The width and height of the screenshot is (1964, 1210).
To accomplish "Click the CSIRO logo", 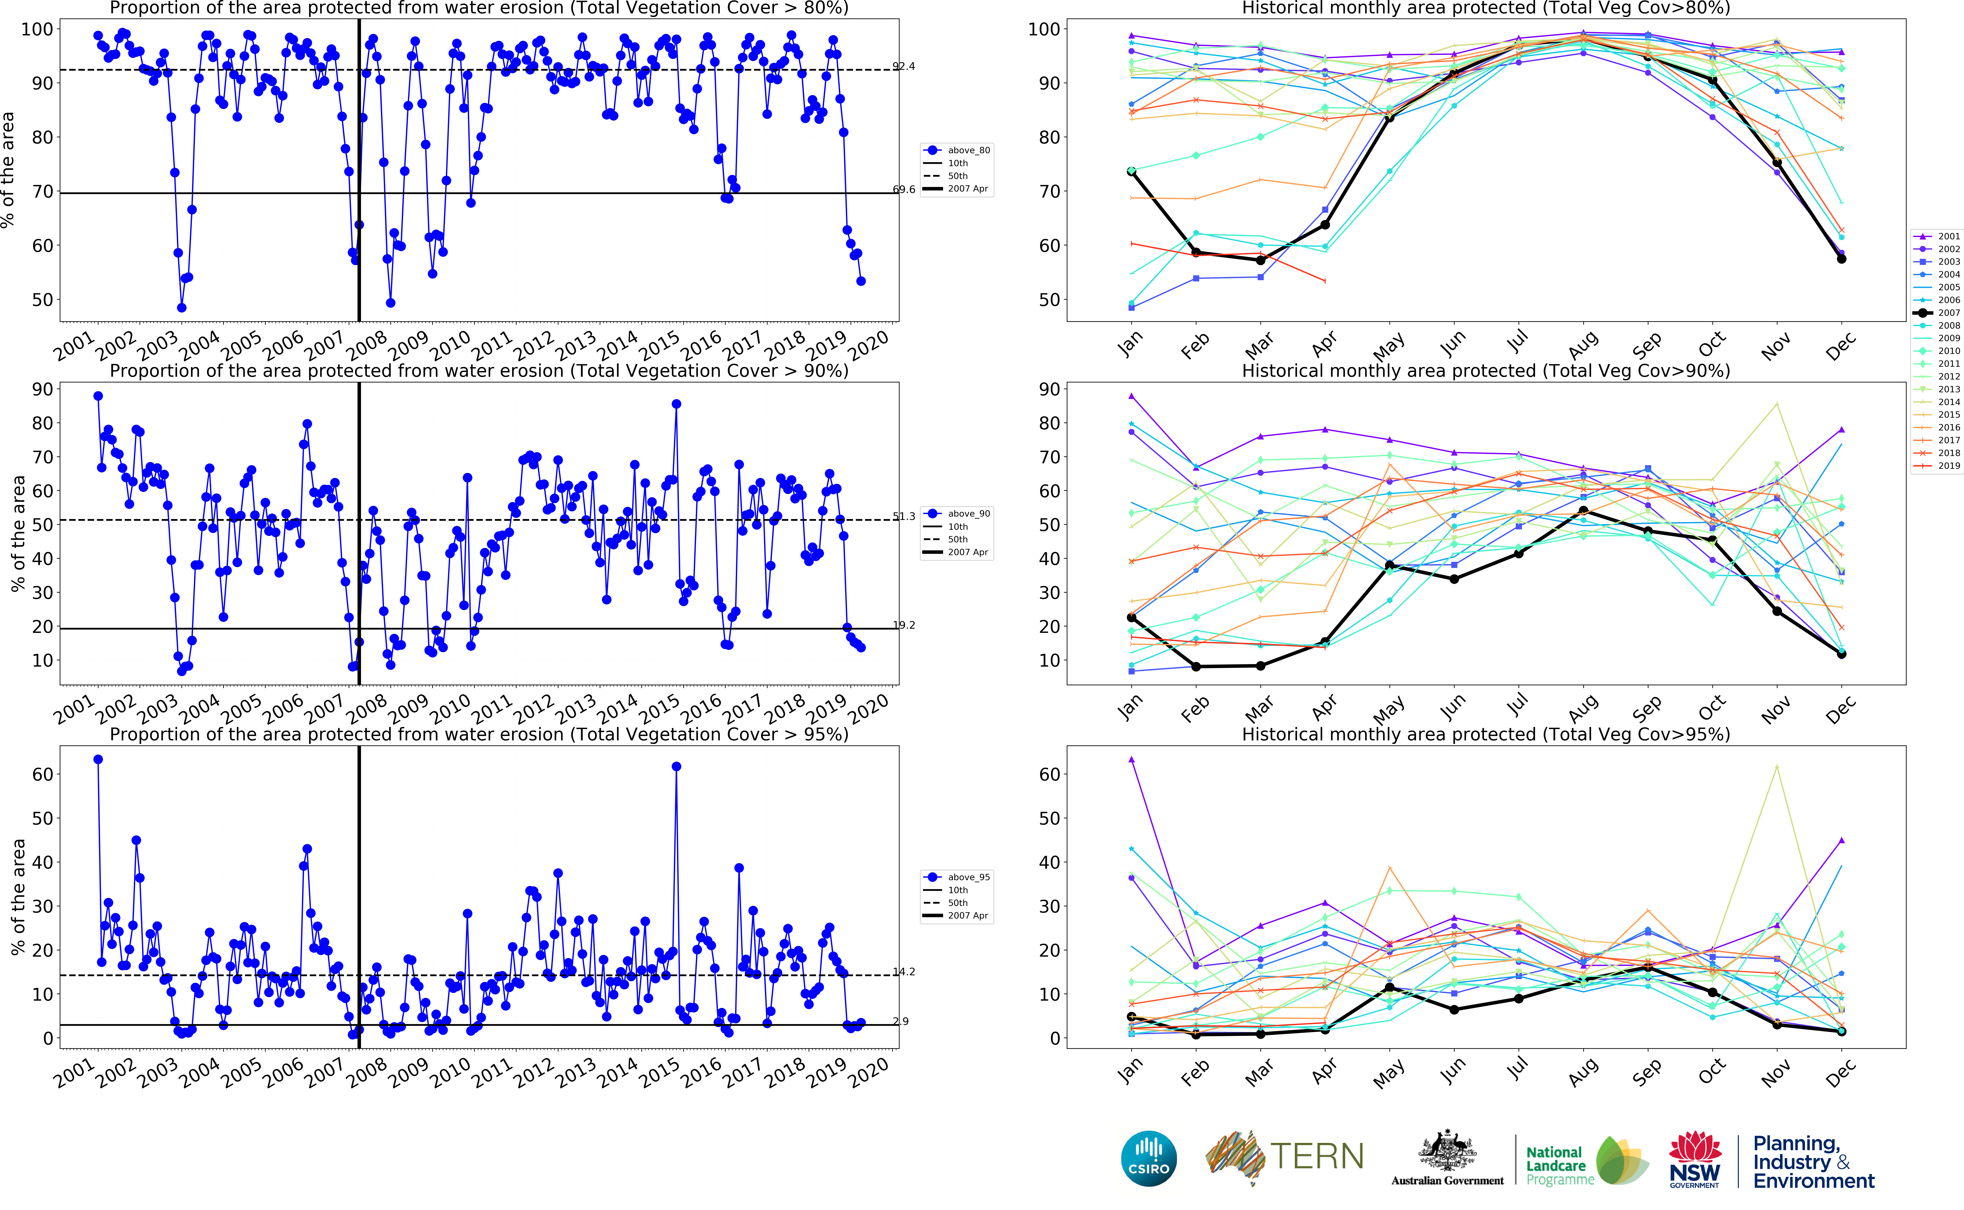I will click(1149, 1158).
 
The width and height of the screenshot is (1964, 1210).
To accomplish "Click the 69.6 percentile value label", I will click(904, 190).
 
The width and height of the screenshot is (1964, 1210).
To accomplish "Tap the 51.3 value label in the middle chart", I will click(904, 516).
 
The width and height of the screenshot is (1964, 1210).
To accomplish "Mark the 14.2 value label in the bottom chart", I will click(904, 972).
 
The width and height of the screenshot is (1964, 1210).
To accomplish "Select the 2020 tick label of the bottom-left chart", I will click(869, 1072).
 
